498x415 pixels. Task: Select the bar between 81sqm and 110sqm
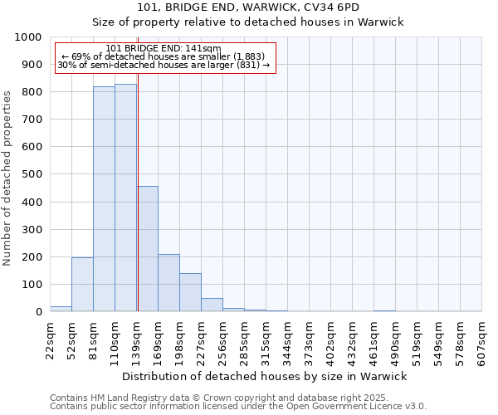coord(104,199)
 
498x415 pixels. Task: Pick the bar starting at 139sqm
coord(148,249)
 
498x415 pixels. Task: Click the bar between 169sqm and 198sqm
coord(168,283)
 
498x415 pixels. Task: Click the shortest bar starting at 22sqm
coord(61,309)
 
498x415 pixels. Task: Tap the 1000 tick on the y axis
coord(27,37)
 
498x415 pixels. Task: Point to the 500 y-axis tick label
coord(31,174)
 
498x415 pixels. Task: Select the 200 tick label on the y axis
coord(31,257)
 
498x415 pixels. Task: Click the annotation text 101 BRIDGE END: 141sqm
coord(164,48)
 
